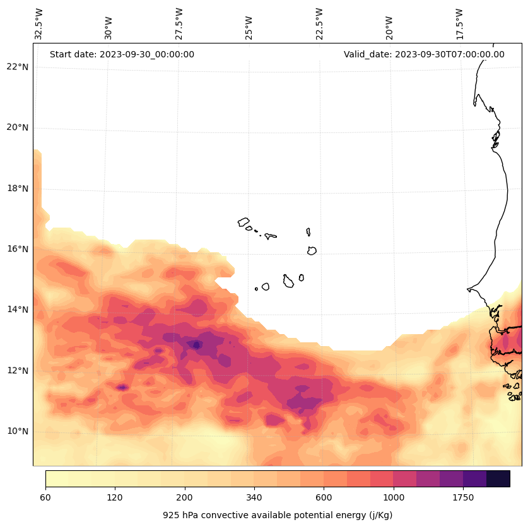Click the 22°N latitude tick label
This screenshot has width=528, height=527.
18,67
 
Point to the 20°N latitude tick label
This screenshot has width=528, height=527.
18,127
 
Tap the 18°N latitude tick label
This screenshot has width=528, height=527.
18,188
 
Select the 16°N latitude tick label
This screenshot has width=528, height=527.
18,249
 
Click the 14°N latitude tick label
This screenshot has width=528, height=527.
18,310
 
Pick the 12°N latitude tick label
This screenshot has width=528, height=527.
18,371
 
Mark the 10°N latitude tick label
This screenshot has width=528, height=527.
18,431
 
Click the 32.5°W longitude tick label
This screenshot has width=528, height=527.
38,25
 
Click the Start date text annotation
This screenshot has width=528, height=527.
122,54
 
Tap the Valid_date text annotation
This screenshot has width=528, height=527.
424,54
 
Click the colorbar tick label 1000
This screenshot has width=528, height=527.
393,498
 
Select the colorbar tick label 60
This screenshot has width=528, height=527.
45,498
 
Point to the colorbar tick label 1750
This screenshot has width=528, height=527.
463,498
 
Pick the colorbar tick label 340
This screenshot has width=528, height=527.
254,498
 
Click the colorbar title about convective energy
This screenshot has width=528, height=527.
278,515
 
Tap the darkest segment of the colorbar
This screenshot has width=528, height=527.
498,478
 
